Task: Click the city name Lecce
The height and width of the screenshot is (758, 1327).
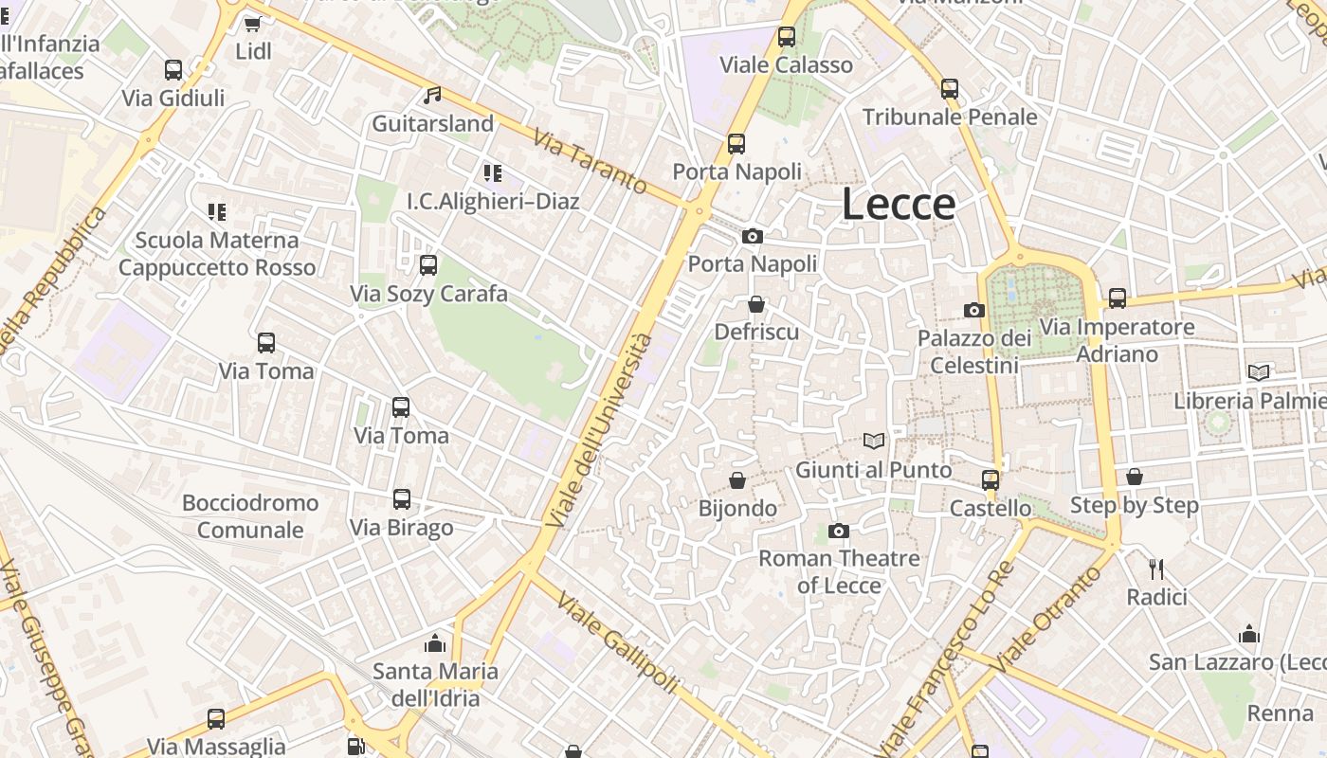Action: (898, 205)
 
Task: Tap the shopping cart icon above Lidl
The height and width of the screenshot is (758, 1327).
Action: (252, 23)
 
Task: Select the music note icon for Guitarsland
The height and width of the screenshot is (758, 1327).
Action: (432, 95)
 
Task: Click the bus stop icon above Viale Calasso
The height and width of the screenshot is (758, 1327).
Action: (786, 37)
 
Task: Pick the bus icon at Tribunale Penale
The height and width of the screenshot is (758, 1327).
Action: (950, 89)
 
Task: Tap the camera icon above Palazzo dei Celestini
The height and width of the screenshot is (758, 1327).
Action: (973, 310)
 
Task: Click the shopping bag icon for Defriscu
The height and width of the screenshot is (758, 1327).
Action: (755, 304)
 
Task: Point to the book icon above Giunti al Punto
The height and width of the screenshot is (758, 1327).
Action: (873, 441)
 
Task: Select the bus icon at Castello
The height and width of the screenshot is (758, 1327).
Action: (991, 480)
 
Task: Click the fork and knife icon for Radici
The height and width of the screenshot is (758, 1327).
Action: (1155, 568)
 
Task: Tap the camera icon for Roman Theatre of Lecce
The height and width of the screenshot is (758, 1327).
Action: (838, 531)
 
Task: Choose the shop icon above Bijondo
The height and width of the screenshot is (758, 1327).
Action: (736, 480)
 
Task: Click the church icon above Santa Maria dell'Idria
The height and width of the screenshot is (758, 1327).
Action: (435, 643)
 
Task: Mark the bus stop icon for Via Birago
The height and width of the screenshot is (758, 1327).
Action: (402, 499)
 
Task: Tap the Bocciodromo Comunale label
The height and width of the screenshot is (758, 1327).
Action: (250, 516)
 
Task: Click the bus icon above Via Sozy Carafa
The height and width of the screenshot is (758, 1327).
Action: (428, 265)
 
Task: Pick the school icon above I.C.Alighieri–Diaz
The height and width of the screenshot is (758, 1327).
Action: (492, 173)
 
